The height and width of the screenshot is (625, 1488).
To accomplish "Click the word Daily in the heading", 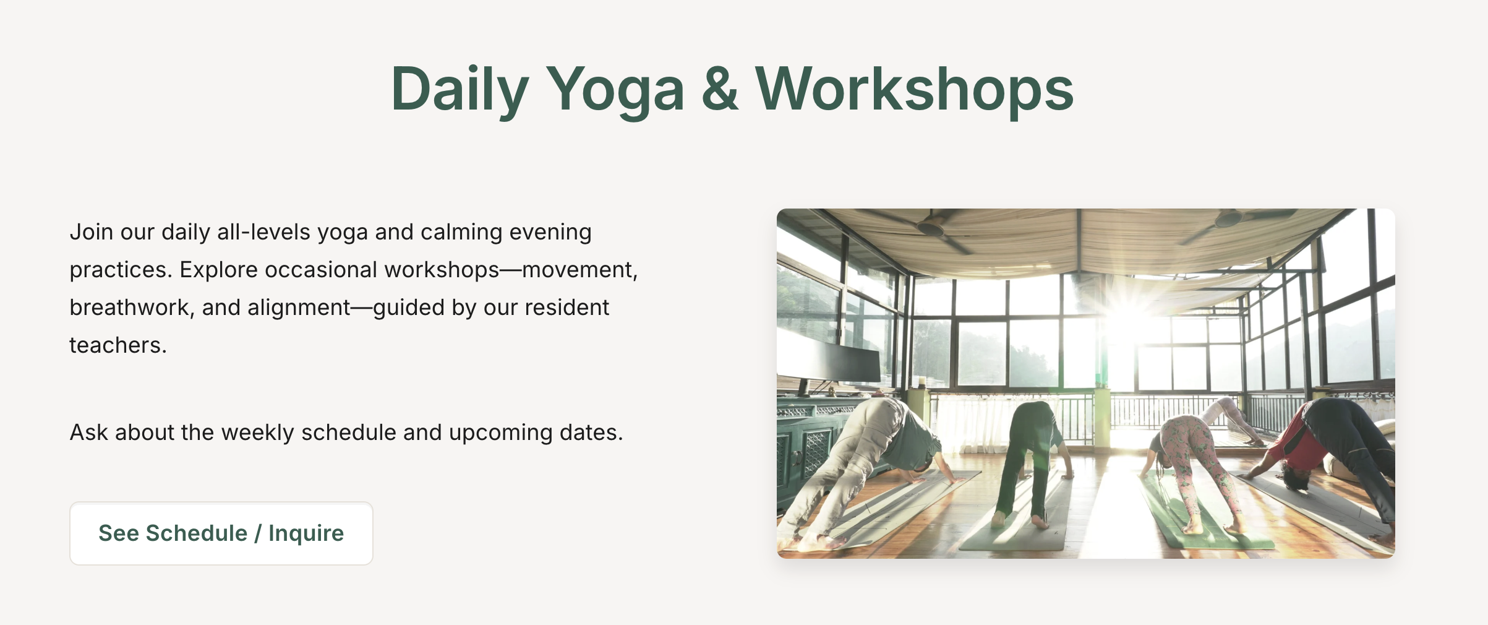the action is pyautogui.click(x=460, y=90).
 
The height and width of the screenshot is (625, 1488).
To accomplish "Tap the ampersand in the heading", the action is pyautogui.click(x=720, y=89).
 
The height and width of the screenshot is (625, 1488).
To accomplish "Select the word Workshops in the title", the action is pyautogui.click(x=915, y=90).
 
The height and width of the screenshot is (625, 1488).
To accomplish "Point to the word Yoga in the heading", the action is pyautogui.click(x=615, y=90).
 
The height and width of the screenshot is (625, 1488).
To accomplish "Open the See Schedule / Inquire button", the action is pyautogui.click(x=221, y=533).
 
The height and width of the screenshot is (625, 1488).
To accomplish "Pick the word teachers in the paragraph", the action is pyautogui.click(x=118, y=345).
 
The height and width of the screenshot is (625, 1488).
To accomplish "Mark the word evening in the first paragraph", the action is pyautogui.click(x=550, y=232).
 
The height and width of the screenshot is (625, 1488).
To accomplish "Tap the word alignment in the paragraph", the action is pyautogui.click(x=299, y=308).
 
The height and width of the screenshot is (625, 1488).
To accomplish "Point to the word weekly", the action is pyautogui.click(x=257, y=433).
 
